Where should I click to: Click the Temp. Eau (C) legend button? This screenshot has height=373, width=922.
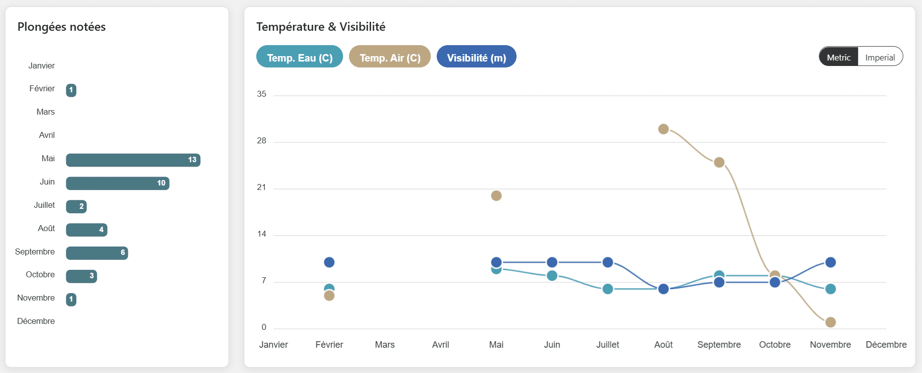[299, 57]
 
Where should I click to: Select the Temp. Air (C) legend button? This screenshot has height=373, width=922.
[390, 57]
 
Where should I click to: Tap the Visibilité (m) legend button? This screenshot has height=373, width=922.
[476, 57]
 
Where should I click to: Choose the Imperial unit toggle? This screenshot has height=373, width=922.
[880, 57]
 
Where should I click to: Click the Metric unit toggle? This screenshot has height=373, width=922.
[839, 57]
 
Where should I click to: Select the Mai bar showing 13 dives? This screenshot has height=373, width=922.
[133, 160]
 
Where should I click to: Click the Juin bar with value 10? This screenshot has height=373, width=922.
[117, 183]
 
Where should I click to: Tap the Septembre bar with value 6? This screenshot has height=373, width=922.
[97, 253]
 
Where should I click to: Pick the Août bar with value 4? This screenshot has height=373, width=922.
[86, 230]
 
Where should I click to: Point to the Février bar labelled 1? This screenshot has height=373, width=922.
[71, 90]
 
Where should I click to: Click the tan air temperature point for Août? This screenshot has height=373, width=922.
[663, 129]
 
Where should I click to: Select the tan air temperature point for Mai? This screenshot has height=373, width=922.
[496, 195]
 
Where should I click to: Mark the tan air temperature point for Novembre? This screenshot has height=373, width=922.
[831, 322]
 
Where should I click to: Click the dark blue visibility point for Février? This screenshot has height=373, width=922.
[329, 262]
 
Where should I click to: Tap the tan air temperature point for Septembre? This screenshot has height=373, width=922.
[719, 162]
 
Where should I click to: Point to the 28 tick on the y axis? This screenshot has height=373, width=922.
[262, 141]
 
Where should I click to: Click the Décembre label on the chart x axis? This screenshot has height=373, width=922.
[886, 345]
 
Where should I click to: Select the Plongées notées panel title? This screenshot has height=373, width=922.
[61, 27]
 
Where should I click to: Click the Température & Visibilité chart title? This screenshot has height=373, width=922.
[321, 27]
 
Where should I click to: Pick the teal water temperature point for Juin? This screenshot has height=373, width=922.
[552, 276]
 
